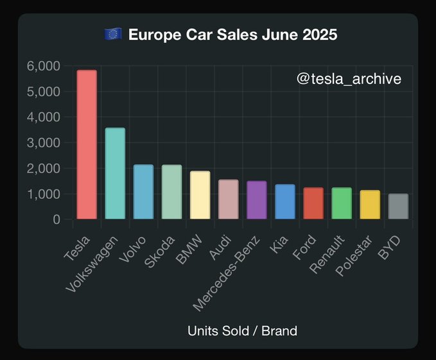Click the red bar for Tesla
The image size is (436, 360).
tap(86, 145)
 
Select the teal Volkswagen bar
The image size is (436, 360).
tap(114, 174)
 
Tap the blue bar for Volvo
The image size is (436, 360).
tap(143, 192)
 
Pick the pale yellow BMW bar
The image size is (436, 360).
tap(200, 195)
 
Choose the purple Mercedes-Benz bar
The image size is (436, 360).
tap(256, 200)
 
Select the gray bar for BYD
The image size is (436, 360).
tap(398, 207)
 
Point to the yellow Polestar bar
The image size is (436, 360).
tap(370, 205)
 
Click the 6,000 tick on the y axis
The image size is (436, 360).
tap(44, 66)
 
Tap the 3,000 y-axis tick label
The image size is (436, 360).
tap(44, 142)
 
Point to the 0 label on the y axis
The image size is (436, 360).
tap(57, 219)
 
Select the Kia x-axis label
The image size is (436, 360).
tap(279, 244)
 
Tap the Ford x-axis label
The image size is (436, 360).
tap(305, 248)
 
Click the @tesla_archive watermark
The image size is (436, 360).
tap(349, 79)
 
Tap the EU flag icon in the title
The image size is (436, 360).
tap(113, 34)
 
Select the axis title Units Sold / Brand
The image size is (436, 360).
tap(242, 331)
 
